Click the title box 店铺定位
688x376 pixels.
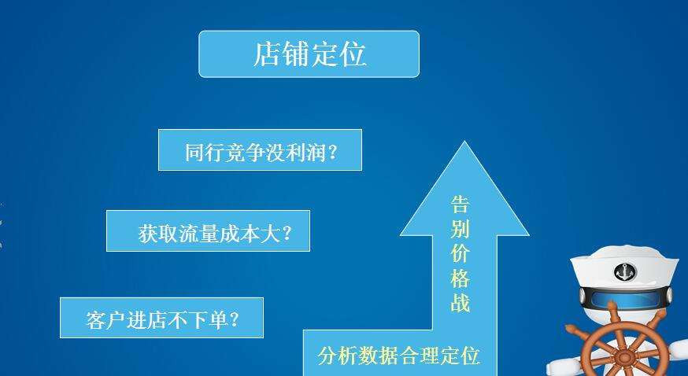pos(309,54)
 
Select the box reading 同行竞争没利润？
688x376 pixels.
pos(260,150)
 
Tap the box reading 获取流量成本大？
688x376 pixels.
pos(208,231)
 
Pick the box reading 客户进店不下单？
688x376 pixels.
pos(161,319)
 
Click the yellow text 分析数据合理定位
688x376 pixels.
pos(398,356)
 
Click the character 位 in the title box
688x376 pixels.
pos(353,54)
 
